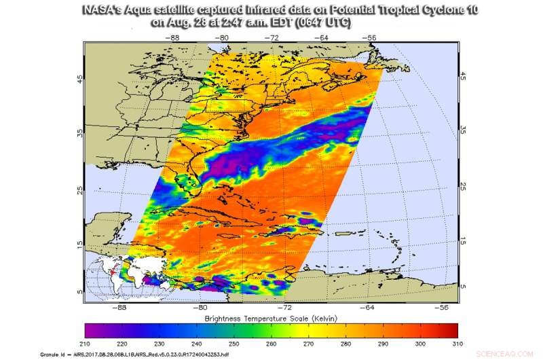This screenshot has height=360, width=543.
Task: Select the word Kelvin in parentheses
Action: coord(333,319)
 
